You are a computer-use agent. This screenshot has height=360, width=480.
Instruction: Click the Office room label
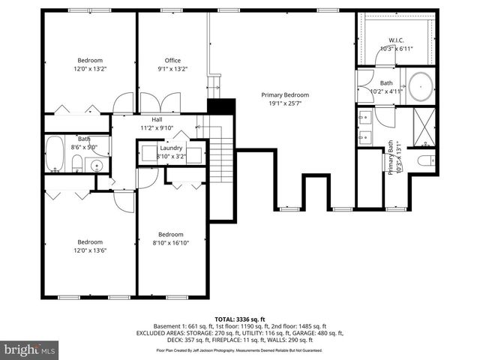173,60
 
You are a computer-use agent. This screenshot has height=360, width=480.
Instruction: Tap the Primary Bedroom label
285,95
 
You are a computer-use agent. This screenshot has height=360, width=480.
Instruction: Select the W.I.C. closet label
396,40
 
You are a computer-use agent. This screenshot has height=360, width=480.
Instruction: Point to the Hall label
157,119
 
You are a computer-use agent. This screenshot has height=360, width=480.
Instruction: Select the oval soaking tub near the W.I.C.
419,86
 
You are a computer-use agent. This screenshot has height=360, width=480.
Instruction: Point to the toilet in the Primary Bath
424,160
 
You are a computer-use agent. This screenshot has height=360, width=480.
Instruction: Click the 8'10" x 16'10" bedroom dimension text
170,242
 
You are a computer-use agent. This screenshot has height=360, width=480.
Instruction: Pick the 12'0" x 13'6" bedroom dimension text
90,251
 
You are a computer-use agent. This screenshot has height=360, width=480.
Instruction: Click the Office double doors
161,102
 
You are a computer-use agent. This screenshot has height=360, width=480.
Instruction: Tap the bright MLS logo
30,349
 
